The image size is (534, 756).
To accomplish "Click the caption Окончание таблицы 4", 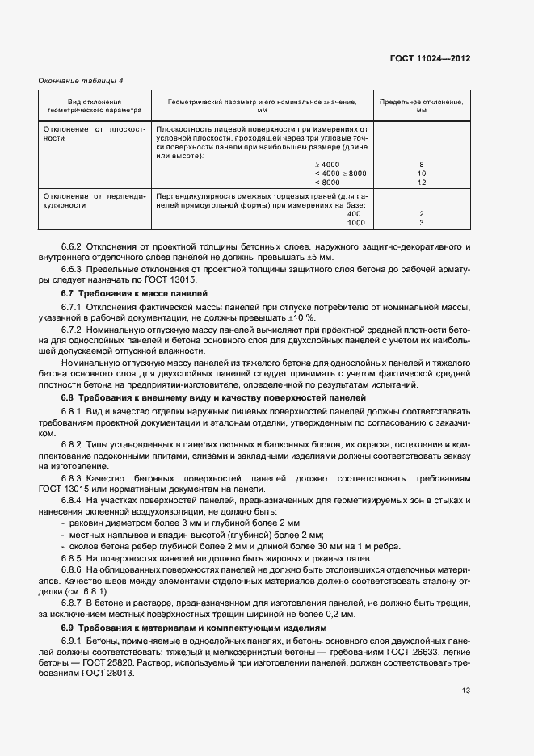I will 82,80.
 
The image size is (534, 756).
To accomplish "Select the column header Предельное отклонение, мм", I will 421,106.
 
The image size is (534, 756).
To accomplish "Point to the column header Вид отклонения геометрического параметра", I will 94,106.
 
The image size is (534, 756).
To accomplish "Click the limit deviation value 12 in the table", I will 421,182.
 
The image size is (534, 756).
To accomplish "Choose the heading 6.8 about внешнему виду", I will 213,398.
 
